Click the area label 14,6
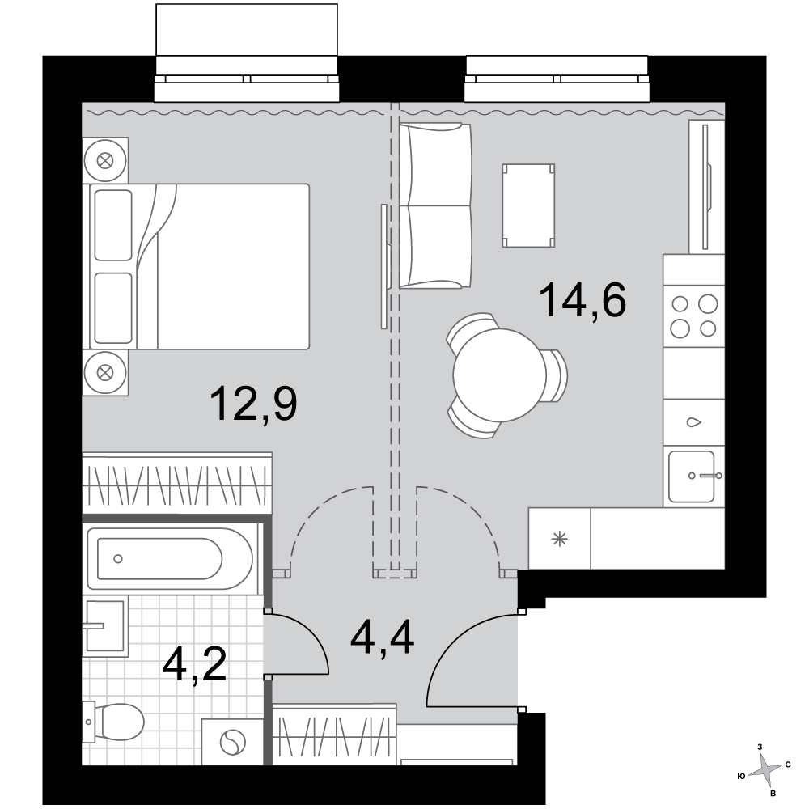(582, 301)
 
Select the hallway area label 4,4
(383, 637)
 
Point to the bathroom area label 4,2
(194, 666)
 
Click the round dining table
(499, 375)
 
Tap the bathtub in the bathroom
(170, 558)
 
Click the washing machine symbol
(233, 743)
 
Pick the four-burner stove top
(694, 316)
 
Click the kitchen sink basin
(692, 477)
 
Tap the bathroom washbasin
(104, 626)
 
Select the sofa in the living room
(435, 205)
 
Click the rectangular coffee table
(528, 205)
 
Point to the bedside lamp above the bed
(105, 160)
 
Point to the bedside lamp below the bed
(105, 372)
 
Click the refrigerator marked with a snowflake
(559, 539)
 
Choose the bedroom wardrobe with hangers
(177, 484)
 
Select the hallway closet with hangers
(334, 735)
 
